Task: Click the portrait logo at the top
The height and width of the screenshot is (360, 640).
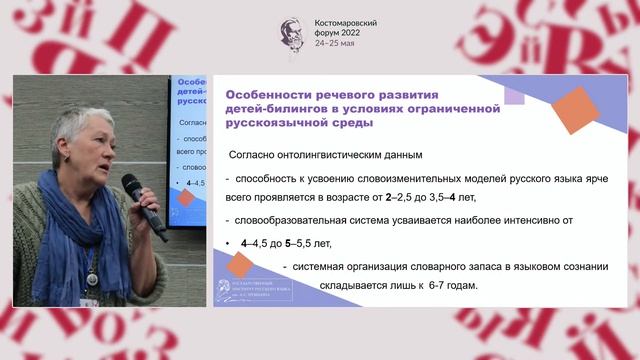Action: tap(293, 34)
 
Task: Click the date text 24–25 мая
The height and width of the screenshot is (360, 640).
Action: tap(335, 44)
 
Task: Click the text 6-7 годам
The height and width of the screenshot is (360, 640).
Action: tap(449, 286)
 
